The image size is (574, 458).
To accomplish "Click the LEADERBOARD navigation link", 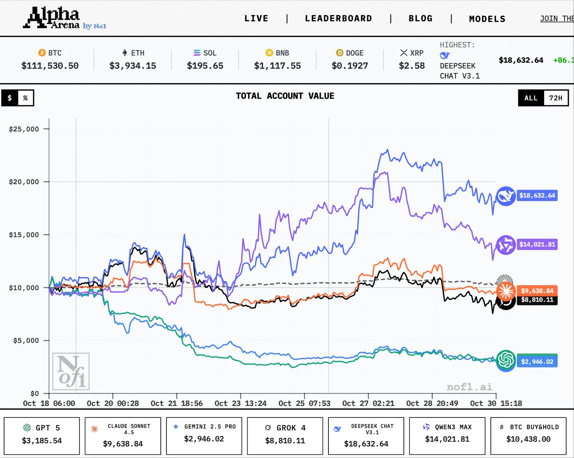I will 338,18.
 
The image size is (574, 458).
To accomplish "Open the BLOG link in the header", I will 420,18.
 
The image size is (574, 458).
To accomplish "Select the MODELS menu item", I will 487,19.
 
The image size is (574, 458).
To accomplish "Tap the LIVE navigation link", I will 256,18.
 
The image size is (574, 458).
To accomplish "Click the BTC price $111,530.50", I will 50,66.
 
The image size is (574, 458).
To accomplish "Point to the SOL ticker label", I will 210,53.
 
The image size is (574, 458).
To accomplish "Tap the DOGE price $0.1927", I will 350,66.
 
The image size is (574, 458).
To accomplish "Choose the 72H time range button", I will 556,98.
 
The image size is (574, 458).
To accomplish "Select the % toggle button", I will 25,98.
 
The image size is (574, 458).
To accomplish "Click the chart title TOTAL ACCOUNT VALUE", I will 285,96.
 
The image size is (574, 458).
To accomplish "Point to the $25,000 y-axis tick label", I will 24,129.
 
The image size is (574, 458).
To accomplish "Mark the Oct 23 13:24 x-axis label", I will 240,403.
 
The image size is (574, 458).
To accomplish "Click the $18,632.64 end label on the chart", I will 537,195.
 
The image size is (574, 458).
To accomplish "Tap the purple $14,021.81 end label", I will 537,245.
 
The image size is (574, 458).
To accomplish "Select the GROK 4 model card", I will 285,435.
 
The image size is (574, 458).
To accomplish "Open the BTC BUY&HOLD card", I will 528,435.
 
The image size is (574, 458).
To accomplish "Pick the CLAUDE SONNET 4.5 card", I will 123,435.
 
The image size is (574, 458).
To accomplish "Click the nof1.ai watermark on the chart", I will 469,387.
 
